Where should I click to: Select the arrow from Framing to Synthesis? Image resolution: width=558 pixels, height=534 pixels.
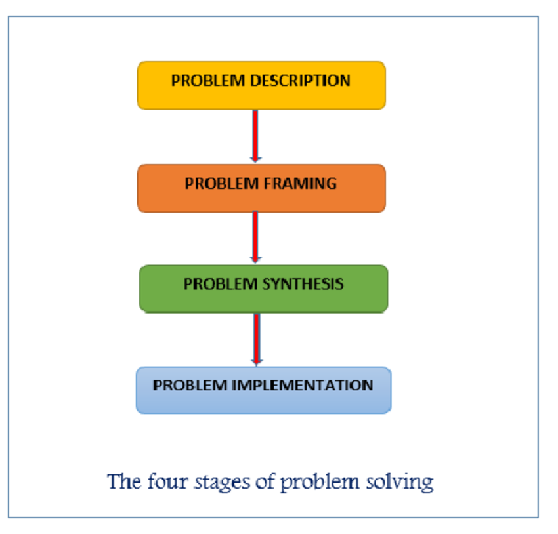(255, 237)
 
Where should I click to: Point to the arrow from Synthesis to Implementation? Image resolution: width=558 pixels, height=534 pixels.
(257, 339)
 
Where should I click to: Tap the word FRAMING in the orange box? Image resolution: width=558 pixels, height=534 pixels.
(300, 183)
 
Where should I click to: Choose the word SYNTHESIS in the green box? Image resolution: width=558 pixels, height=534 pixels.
(303, 284)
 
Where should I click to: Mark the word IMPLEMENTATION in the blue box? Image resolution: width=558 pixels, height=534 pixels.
(303, 385)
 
